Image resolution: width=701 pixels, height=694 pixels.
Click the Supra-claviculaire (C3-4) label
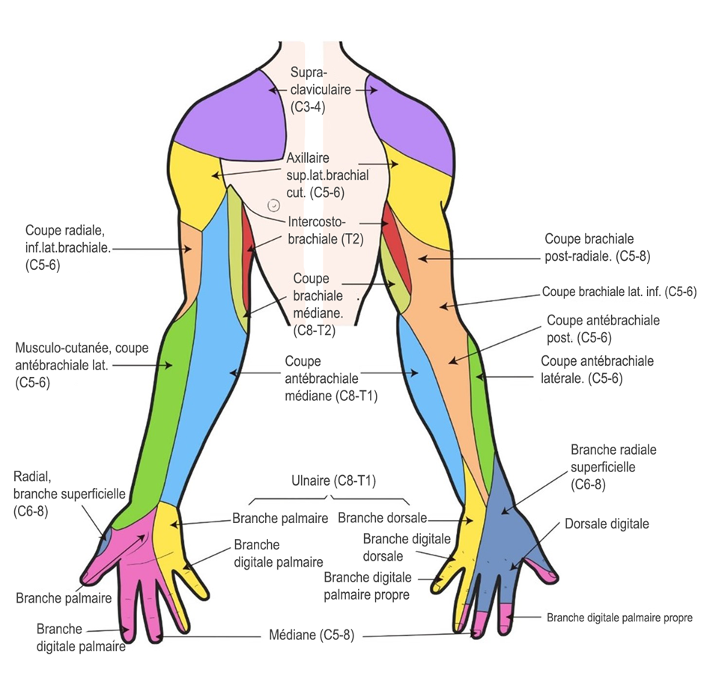coord(321,89)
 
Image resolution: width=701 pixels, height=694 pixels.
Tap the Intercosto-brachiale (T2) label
coord(326,230)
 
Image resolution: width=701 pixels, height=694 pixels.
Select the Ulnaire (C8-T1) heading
coord(333,481)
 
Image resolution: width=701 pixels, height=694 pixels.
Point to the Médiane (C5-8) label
coord(312,635)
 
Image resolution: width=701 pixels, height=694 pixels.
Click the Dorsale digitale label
coord(607,524)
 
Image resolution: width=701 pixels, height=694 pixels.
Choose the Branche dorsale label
coord(382,518)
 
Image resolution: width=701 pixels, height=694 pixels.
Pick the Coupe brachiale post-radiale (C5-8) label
coord(598,247)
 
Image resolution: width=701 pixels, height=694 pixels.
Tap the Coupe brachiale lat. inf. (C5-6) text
coord(619,292)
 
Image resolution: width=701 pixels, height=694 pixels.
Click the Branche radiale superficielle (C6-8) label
coord(613,467)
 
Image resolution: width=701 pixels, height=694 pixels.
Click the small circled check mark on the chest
coord(273,205)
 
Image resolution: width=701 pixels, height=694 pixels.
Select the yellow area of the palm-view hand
coord(172,537)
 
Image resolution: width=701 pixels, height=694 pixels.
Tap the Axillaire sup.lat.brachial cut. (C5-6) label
coord(328,175)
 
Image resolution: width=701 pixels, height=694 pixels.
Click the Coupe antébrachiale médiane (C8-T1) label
coord(331,378)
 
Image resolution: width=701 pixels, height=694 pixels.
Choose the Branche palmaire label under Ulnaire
coord(280,518)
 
